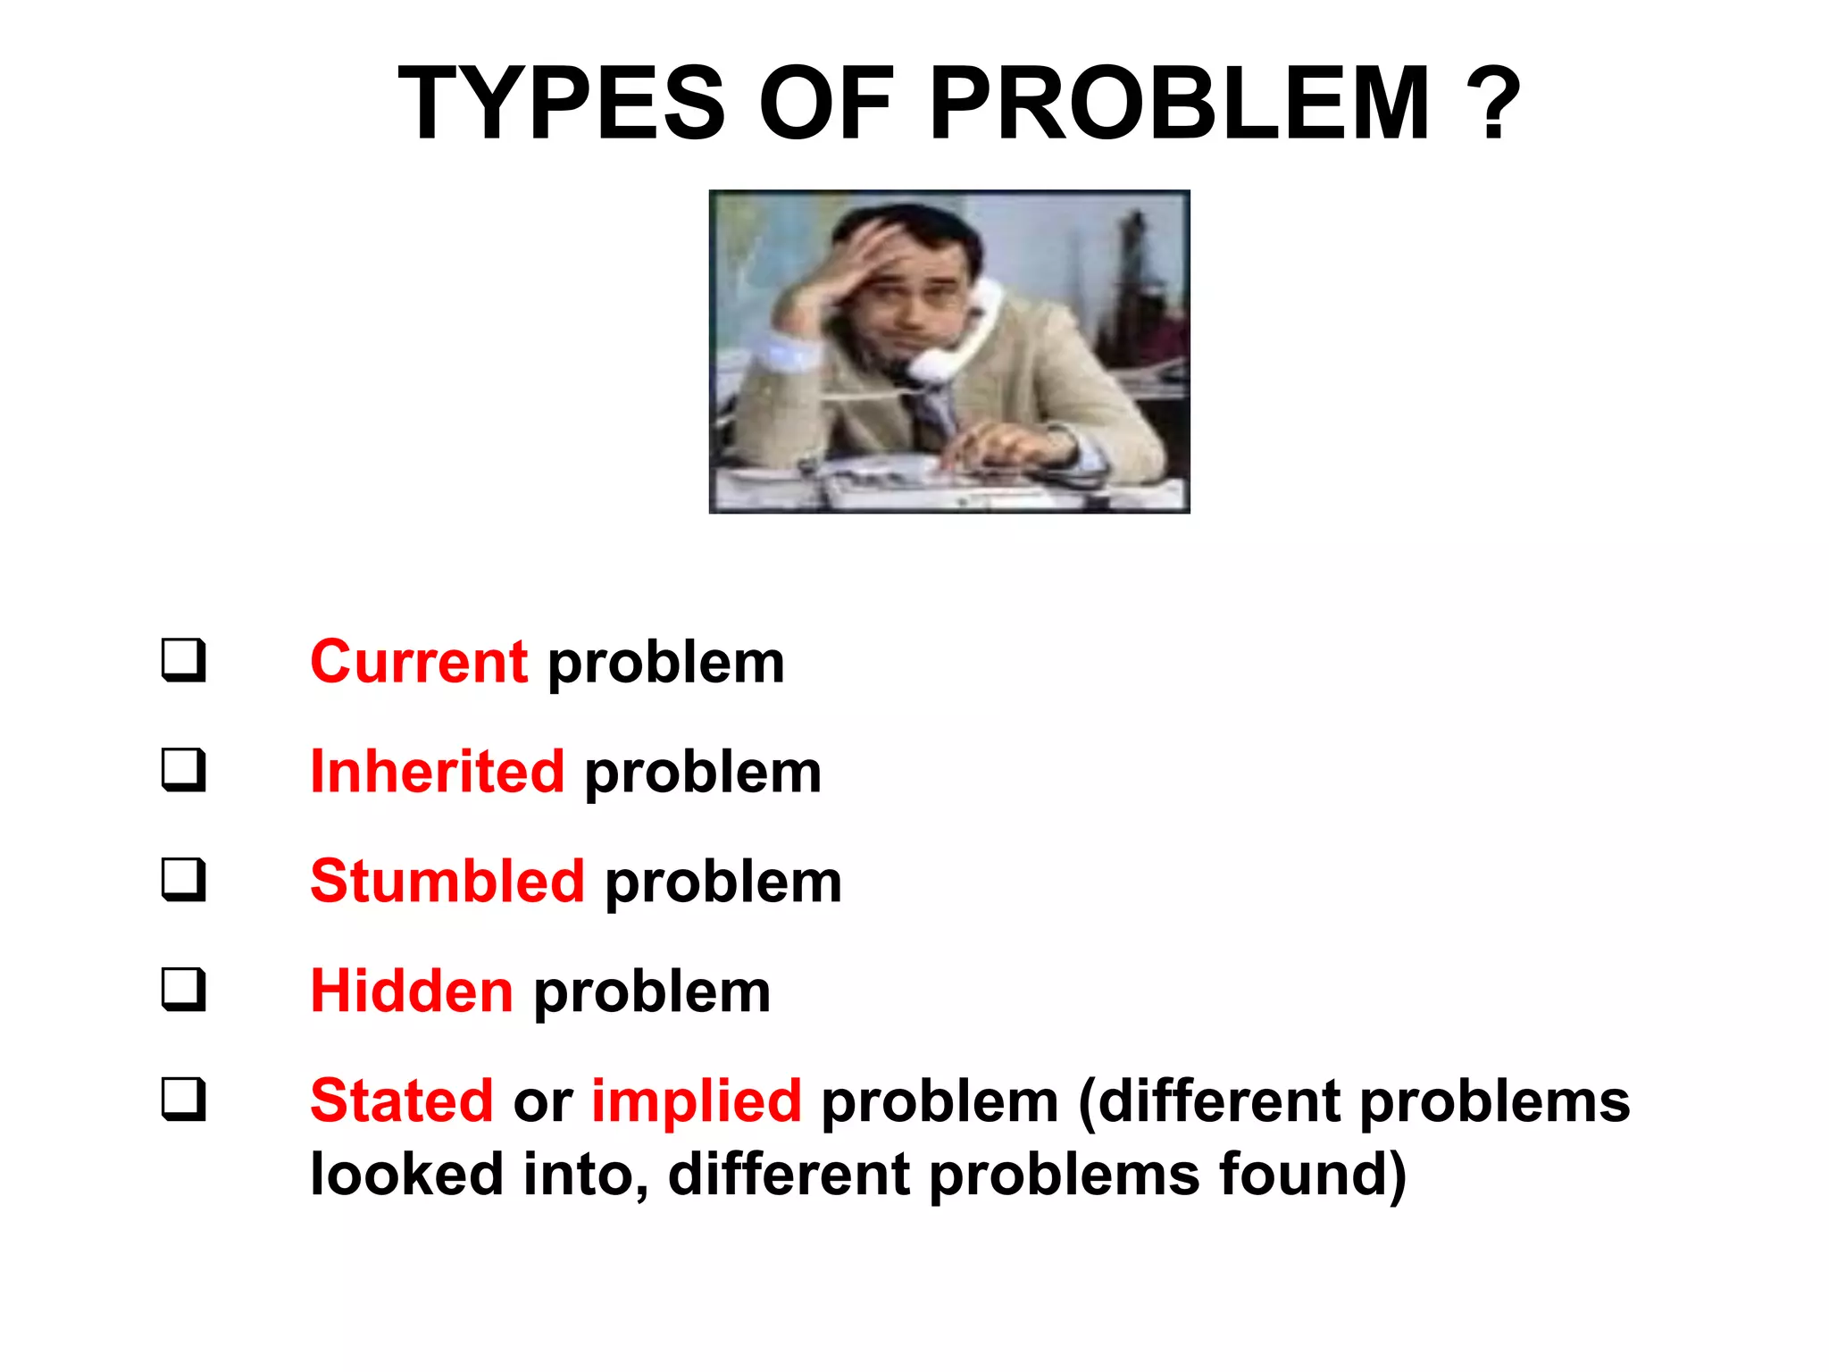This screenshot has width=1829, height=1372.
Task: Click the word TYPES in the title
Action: [x=561, y=105]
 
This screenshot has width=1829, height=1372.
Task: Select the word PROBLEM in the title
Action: [x=1179, y=105]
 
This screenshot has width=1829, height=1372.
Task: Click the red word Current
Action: [x=418, y=663]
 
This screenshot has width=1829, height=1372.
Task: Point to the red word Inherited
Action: [x=437, y=772]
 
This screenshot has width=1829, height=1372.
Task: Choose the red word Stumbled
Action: [x=447, y=882]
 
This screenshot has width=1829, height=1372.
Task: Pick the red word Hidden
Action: [x=411, y=991]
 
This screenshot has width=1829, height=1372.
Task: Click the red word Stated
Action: [x=401, y=1100]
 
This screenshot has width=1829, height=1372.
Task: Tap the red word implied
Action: [x=696, y=1100]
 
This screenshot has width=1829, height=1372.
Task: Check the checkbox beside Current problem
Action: [x=183, y=660]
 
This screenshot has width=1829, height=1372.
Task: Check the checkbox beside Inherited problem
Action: [x=183, y=769]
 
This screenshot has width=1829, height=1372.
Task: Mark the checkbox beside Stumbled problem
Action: [x=183, y=879]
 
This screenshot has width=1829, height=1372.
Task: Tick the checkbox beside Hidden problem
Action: [x=183, y=989]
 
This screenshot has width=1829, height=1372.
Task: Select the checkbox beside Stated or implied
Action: [x=183, y=1099]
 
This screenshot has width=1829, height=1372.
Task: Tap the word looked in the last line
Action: [x=406, y=1175]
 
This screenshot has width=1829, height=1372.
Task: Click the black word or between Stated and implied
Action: [x=542, y=1102]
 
